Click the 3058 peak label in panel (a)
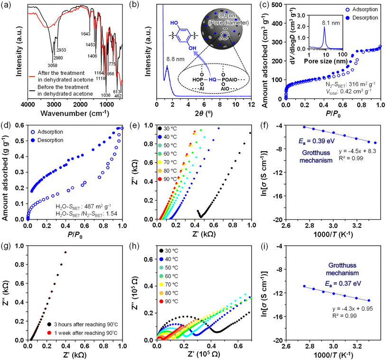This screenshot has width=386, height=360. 52,65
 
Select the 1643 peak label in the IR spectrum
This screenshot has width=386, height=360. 85,34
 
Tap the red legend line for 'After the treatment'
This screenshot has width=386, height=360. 32,76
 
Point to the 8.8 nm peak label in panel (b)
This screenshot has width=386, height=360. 175,59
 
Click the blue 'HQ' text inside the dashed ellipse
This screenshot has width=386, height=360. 212,80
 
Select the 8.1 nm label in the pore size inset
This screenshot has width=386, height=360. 331,23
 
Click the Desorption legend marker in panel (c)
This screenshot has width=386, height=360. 348,18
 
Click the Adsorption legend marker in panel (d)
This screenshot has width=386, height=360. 33,132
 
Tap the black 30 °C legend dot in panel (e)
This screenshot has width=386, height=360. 160,129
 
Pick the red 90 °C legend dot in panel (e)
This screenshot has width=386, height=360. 160,179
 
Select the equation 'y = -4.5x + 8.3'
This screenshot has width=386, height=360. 358,151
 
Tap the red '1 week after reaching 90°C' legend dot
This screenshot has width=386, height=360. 49,333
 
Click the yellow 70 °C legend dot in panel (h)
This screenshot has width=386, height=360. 161,285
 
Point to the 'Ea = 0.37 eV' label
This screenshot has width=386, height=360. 343,284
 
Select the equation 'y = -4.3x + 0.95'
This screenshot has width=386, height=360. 352,309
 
